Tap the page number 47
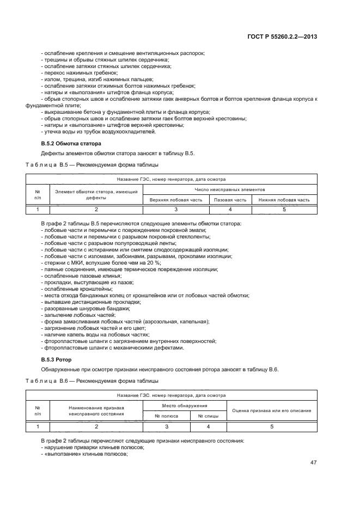(314, 463)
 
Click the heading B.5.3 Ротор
(56, 360)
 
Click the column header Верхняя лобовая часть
(176, 200)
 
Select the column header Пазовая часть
(230, 200)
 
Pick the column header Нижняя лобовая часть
(284, 200)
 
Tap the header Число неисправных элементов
(230, 190)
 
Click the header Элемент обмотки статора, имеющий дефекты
(96, 194)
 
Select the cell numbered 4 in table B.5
(230, 210)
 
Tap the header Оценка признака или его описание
(271, 410)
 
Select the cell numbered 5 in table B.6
(271, 427)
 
